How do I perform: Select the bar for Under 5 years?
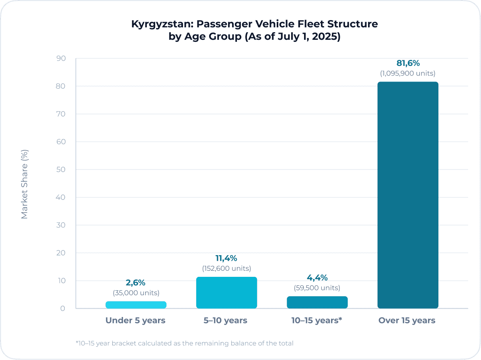coord(136,305)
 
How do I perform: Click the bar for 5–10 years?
coord(226,292)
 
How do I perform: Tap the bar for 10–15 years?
coord(317,302)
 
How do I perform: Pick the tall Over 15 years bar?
coord(408,195)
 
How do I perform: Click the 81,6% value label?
coord(408,63)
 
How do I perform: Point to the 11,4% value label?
coord(226,258)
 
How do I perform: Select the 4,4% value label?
coord(317,278)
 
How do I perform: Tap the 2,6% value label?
coord(136,282)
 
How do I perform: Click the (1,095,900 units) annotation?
coord(408,74)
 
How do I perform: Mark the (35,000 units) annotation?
coord(136,293)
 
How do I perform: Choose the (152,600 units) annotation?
coord(226,268)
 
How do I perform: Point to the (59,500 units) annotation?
coord(317,288)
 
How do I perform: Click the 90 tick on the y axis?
coord(61,59)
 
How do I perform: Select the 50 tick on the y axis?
coord(61,170)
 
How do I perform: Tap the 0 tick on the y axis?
coord(63,309)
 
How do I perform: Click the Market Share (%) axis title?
coord(25,184)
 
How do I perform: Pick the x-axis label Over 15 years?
coord(407,321)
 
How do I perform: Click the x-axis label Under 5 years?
coord(136,321)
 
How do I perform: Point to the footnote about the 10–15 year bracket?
coord(184,343)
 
